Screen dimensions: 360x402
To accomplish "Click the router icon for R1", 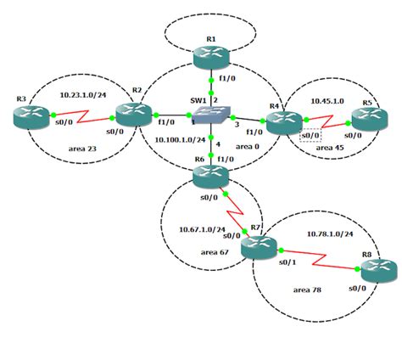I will pos(211,57).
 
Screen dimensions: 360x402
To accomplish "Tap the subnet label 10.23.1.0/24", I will pos(82,96).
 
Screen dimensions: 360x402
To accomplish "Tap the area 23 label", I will pos(83,149).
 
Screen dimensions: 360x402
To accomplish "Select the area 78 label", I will pos(310,290).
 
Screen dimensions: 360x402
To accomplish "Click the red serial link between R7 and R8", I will pos(318,259).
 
